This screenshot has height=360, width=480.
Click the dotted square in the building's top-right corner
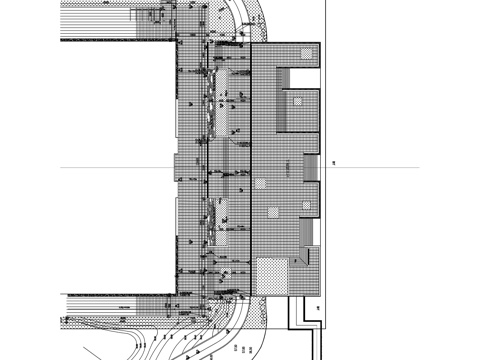coord(307,54)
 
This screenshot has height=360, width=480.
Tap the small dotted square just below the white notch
coord(298,100)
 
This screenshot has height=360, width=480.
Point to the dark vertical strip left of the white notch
coord(283,98)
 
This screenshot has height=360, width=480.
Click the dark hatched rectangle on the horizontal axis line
coord(311,167)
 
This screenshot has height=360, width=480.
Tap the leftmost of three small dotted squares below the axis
coord(261,184)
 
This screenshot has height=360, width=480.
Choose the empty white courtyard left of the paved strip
coord(115,165)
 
